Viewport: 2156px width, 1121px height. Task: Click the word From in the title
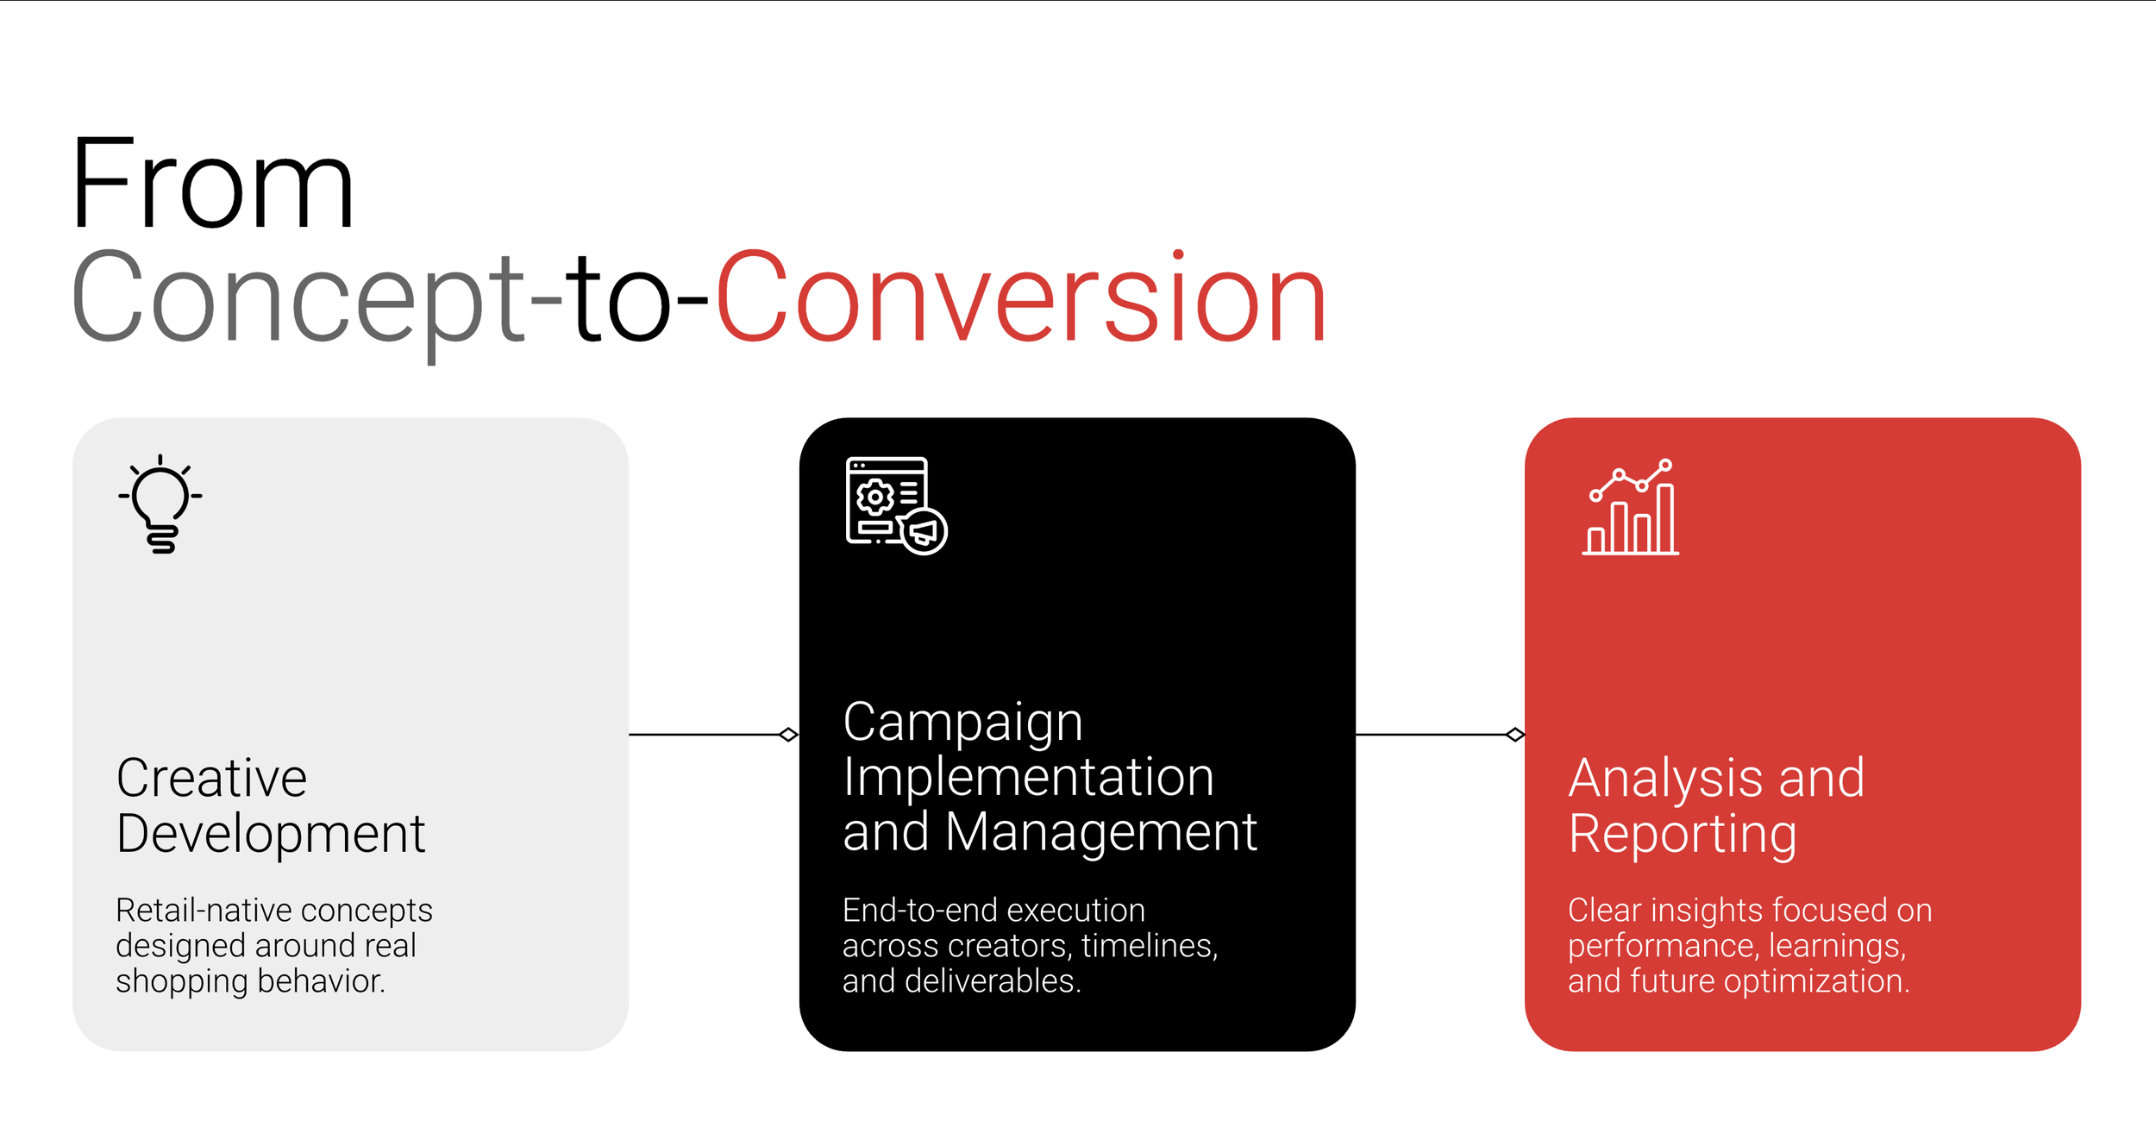pos(212,185)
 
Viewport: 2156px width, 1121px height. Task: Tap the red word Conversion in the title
pos(1020,297)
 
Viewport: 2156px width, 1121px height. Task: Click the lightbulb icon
pos(160,504)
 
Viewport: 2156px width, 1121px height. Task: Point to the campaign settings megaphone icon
pos(896,505)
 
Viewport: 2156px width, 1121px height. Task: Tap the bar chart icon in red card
pos(1631,508)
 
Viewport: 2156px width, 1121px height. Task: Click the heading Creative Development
pos(270,805)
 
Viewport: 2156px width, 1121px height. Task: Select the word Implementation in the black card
pos(1028,777)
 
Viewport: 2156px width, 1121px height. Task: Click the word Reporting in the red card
pos(1682,835)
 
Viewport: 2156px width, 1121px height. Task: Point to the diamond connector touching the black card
pos(788,735)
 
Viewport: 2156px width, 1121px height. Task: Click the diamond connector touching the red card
pos(1514,735)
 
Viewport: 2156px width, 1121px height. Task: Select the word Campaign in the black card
pos(962,723)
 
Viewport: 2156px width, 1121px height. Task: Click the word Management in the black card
pos(1100,832)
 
